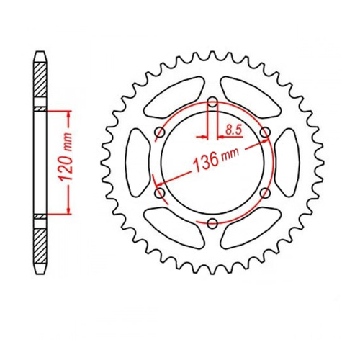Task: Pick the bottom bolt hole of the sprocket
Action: [212, 224]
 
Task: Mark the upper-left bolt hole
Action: [159, 132]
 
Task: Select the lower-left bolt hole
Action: [159, 193]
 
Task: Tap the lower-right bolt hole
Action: [265, 193]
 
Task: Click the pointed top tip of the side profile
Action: [40, 52]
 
